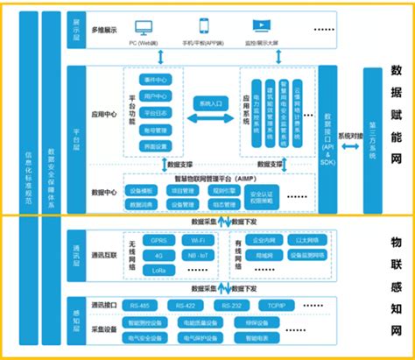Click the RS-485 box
pos(138,306)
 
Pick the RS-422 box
pos(186,306)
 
